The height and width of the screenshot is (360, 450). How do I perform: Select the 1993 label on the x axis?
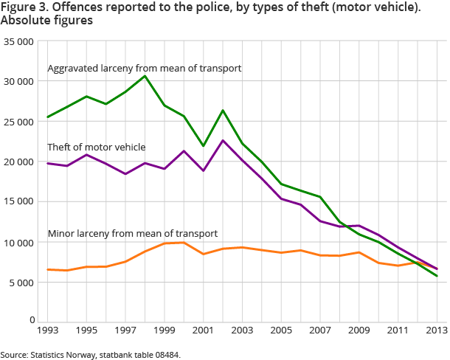point(48,330)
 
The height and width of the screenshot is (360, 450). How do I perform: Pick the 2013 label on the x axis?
point(436,330)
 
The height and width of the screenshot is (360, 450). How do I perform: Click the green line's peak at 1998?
point(145,76)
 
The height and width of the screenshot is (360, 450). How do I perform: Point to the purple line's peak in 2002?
point(222,140)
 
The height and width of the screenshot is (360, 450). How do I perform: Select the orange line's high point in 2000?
point(184,243)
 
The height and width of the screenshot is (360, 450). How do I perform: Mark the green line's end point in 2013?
point(436,276)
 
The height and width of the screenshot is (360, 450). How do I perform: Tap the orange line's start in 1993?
point(48,269)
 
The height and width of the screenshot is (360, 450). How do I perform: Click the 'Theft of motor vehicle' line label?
point(96,147)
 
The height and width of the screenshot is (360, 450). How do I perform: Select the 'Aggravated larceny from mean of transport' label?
point(145,69)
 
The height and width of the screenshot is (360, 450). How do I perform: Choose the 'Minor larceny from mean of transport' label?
point(132,233)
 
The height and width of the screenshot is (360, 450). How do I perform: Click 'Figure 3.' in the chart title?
point(25,7)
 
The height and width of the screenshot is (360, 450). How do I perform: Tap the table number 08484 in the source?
point(165,355)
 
